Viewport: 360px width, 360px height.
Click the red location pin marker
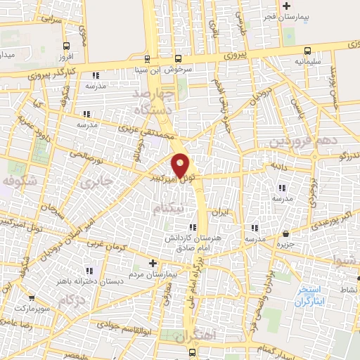(181, 166)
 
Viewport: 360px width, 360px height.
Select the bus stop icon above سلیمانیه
(308, 50)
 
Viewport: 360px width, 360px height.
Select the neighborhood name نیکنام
(171, 209)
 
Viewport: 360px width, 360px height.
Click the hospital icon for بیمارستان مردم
(153, 262)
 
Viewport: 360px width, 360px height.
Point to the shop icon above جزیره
(285, 233)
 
